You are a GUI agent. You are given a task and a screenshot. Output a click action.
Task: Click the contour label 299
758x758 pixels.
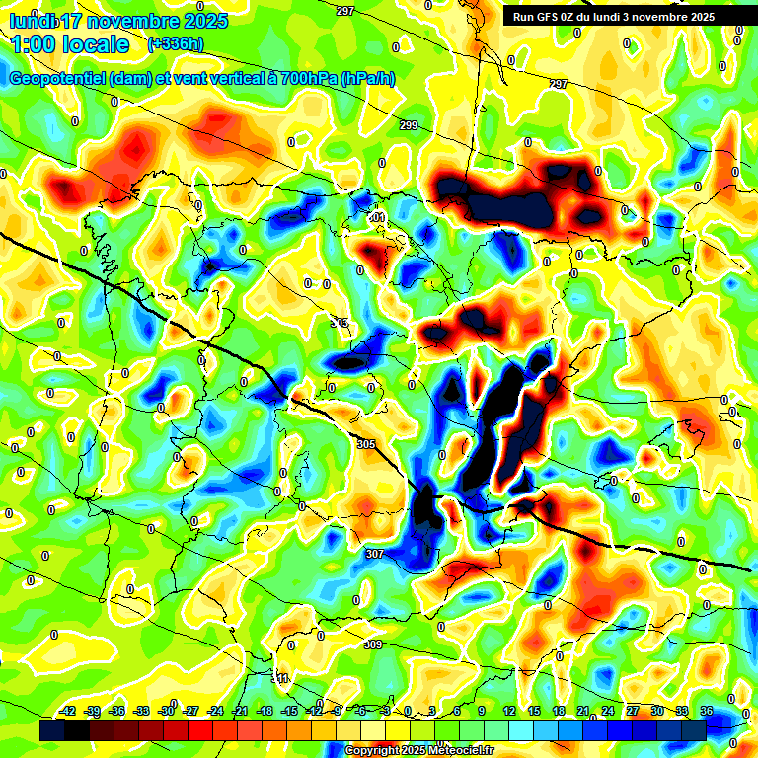(409, 125)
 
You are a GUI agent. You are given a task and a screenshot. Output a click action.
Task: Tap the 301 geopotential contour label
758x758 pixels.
(376, 217)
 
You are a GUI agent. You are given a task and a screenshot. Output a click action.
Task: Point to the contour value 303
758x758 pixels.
(341, 324)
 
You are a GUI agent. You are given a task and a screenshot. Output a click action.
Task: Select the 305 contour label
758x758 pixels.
(366, 445)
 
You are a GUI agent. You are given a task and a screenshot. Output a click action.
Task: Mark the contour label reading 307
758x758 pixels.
(374, 554)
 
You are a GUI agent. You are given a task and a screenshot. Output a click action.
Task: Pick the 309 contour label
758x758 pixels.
(372, 644)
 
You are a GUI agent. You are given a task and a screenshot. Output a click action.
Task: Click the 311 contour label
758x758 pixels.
(281, 679)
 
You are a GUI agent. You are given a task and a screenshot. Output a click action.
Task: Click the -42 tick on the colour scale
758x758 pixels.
(69, 711)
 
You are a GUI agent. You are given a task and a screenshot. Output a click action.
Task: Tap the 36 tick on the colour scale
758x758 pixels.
(706, 711)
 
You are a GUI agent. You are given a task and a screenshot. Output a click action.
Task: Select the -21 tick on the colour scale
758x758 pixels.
(240, 711)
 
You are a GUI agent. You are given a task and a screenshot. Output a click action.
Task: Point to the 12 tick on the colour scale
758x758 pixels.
(509, 711)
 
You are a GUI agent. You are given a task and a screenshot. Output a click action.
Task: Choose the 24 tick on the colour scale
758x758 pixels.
(608, 711)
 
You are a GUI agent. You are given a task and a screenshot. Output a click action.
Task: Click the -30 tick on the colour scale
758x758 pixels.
(167, 711)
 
